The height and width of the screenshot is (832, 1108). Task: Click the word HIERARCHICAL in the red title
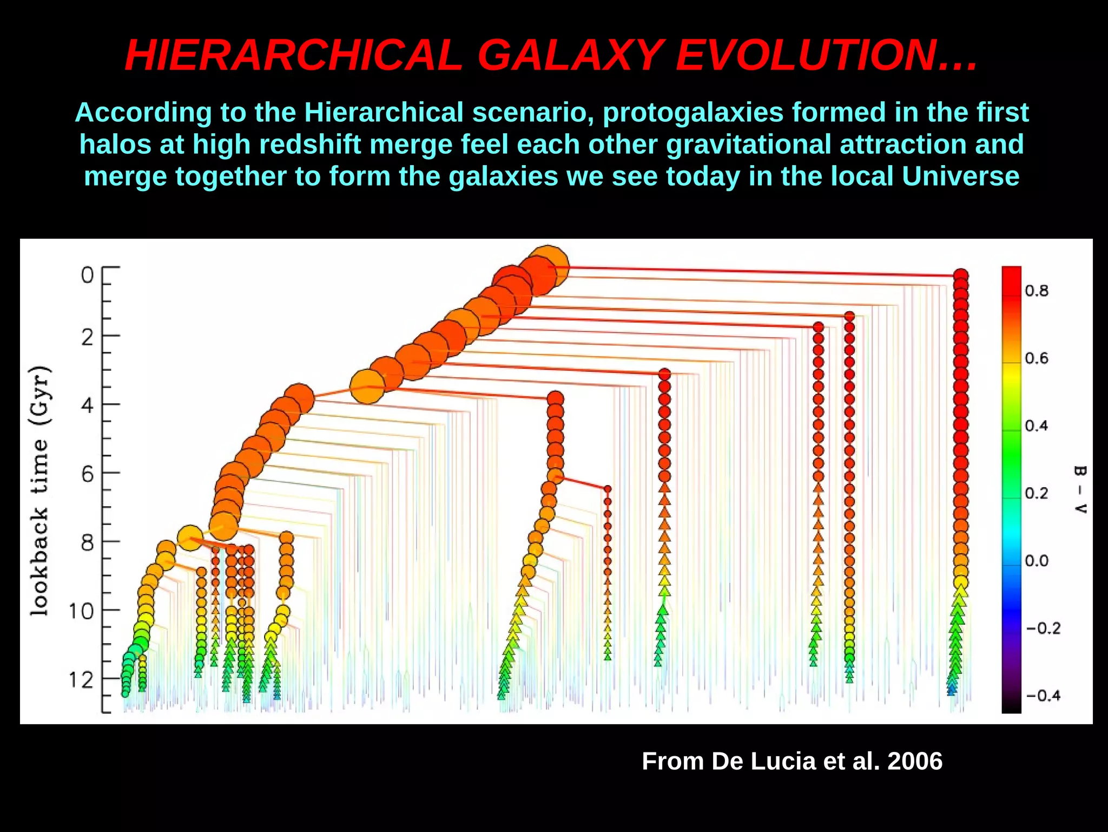[294, 55]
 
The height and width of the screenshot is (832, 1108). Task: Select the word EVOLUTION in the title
[806, 55]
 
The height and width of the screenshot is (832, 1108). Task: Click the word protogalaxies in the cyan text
[693, 113]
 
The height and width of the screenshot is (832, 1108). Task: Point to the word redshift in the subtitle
[310, 145]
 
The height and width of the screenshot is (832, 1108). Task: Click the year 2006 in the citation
[915, 761]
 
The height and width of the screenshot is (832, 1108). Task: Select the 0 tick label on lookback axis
[87, 276]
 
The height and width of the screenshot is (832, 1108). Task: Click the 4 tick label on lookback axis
[87, 405]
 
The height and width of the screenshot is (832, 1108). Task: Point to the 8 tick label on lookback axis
[87, 542]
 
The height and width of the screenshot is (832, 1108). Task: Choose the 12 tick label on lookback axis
[81, 679]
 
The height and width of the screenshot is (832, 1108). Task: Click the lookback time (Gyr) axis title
[40, 490]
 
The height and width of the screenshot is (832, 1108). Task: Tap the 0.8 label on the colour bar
[1037, 291]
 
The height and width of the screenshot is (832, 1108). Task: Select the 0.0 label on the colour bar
[1037, 561]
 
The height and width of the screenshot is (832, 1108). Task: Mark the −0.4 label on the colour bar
[1043, 696]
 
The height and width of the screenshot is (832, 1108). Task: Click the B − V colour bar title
[1079, 489]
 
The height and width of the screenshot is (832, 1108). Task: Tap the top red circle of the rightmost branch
[961, 276]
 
